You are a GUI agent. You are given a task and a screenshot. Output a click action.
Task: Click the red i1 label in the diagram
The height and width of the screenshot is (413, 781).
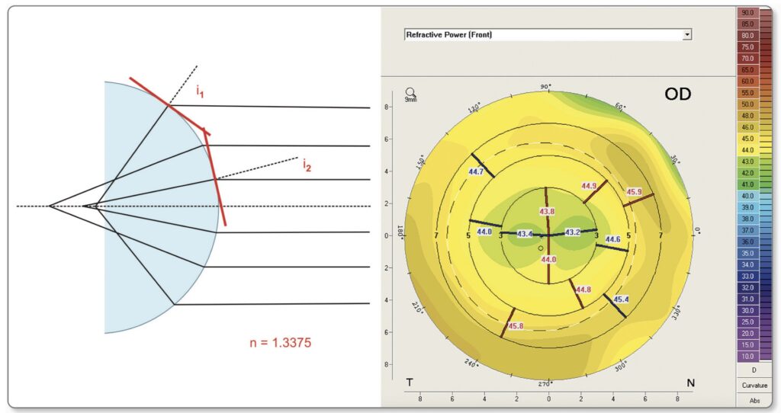[200, 93]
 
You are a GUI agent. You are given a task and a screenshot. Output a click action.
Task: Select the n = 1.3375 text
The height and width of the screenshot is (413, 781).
[279, 343]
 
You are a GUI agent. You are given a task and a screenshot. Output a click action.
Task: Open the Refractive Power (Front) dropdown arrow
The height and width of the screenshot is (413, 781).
[687, 35]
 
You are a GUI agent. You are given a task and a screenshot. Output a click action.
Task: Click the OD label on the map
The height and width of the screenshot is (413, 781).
[677, 94]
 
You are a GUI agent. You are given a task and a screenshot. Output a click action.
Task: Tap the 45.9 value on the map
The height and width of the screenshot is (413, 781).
[634, 192]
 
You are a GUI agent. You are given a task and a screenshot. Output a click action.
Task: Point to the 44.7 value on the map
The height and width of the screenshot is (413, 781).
[476, 172]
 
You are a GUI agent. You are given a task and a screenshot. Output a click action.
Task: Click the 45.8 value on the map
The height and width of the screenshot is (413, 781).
[516, 326]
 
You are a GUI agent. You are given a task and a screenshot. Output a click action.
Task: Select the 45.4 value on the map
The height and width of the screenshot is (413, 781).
[621, 299]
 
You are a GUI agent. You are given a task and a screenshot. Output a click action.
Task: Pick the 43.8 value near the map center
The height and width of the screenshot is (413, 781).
[548, 211]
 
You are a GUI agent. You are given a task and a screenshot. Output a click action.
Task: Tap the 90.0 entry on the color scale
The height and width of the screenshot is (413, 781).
[747, 13]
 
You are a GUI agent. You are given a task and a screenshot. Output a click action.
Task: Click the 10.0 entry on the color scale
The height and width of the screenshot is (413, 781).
[747, 356]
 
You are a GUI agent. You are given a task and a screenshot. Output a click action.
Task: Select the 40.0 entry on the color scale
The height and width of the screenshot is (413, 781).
[747, 195]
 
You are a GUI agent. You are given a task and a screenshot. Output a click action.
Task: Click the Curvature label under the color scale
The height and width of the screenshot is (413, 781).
[754, 385]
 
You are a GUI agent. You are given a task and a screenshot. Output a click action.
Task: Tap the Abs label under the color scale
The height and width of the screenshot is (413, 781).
[754, 400]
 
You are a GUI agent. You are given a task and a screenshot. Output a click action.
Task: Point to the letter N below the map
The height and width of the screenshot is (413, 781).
[690, 383]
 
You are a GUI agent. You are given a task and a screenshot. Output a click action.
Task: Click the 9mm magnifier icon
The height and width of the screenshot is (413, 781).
[410, 94]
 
